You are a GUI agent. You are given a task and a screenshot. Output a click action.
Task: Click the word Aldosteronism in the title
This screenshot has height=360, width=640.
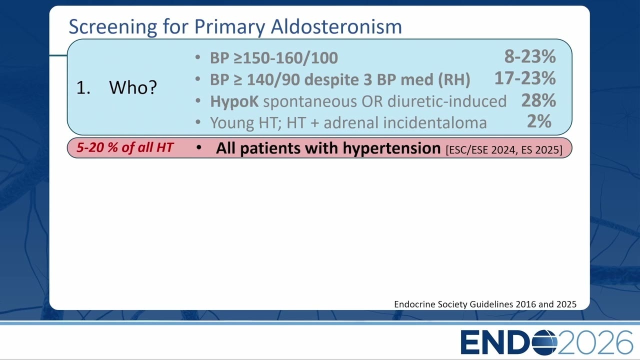(336, 26)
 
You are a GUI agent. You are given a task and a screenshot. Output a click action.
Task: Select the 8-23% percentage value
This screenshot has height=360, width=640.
(530, 56)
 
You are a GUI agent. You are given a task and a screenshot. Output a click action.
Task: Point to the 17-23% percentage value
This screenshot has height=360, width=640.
(525, 78)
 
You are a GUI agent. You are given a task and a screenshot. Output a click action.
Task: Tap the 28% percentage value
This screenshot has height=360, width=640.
(538, 100)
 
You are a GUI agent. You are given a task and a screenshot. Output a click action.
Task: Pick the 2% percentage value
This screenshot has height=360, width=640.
(539, 121)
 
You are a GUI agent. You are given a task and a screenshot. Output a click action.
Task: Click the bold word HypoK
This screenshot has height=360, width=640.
(234, 101)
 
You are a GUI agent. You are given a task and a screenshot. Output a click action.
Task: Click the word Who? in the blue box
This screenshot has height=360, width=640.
(133, 87)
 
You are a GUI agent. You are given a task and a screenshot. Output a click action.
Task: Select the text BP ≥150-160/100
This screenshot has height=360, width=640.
(274, 58)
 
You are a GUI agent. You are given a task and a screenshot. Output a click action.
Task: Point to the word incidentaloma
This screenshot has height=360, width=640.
(435, 122)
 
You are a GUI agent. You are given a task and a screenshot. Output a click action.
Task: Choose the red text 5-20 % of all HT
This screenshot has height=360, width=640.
(125, 147)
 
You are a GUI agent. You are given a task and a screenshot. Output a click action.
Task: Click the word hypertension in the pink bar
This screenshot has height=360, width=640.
(391, 148)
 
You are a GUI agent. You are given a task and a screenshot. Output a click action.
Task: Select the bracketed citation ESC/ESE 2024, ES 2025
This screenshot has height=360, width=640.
(504, 149)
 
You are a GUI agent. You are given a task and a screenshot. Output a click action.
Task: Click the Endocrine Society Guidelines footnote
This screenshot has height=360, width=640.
(485, 304)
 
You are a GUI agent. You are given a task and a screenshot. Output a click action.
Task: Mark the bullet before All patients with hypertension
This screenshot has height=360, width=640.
(199, 147)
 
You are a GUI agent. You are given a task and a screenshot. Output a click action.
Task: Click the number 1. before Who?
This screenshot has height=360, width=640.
(83, 87)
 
